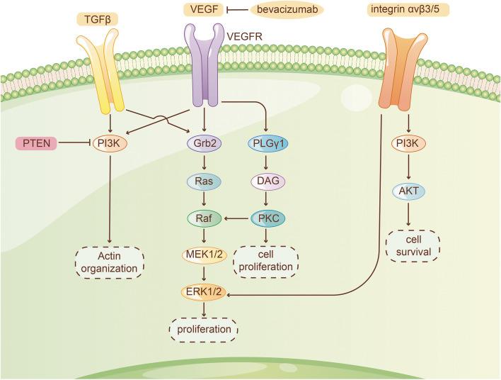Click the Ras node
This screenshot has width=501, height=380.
coord(204,181)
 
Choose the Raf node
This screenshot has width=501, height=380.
coord(204,218)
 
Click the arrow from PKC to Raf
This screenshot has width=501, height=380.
coord(236,218)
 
